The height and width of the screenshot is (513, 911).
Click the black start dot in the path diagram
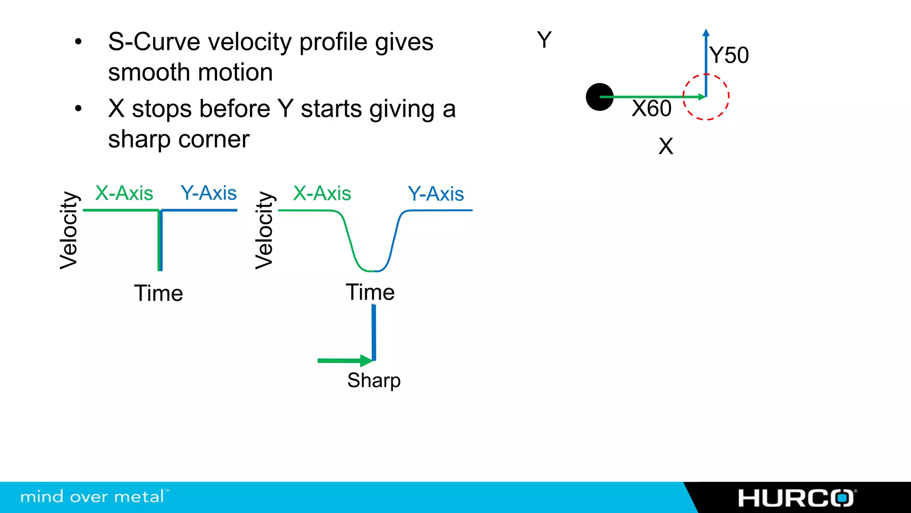pyautogui.click(x=599, y=97)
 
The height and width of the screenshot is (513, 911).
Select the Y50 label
pyautogui.click(x=729, y=55)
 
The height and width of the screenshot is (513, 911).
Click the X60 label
pyautogui.click(x=651, y=108)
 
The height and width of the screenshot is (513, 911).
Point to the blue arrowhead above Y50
pyautogui.click(x=706, y=33)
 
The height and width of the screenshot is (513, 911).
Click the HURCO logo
pyautogui.click(x=796, y=498)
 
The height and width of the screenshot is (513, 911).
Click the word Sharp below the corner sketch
pyautogui.click(x=374, y=381)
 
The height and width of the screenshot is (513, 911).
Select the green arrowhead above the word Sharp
pyautogui.click(x=367, y=360)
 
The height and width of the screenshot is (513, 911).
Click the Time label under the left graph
pyautogui.click(x=158, y=293)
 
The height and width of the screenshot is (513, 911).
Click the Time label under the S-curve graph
pyautogui.click(x=370, y=293)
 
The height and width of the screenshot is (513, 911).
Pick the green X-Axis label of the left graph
pyautogui.click(x=124, y=193)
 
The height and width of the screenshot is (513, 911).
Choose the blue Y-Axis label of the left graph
pyautogui.click(x=209, y=193)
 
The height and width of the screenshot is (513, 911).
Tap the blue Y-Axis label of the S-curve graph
pyautogui.click(x=436, y=194)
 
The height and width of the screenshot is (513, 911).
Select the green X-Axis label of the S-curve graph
pyautogui.click(x=322, y=193)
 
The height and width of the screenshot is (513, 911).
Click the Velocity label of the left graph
pyautogui.click(x=69, y=230)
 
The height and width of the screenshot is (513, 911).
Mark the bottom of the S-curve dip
pyautogui.click(x=374, y=270)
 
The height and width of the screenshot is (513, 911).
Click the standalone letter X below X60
pyautogui.click(x=666, y=146)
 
